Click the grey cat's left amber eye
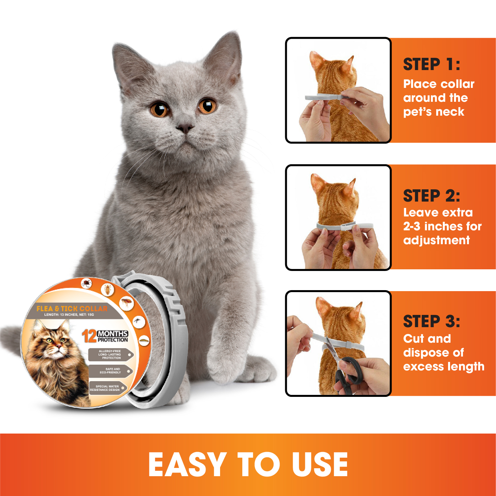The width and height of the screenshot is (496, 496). [x=160, y=109]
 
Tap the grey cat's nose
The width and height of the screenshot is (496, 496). [x=184, y=127]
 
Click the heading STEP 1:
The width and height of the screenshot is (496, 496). [x=431, y=64]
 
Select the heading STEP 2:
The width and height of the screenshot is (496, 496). [x=431, y=196]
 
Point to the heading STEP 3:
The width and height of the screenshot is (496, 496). [x=431, y=321]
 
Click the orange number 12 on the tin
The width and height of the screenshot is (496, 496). [x=89, y=336]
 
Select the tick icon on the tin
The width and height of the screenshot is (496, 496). [x=87, y=283]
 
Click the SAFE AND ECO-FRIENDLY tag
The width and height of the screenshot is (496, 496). [x=111, y=370]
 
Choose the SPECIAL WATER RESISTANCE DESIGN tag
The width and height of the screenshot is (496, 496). [x=108, y=388]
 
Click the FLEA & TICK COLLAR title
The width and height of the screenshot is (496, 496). [x=72, y=309]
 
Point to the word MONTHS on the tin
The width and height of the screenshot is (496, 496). [x=113, y=334]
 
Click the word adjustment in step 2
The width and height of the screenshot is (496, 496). [x=437, y=240]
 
